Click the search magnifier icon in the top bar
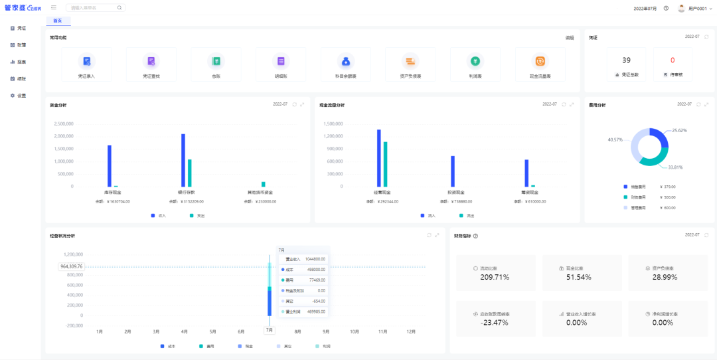pos(119,8)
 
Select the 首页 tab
pos(58,21)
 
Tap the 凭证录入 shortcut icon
pos(86,61)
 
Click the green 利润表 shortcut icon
pos(475,61)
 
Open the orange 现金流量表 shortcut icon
pos(540,61)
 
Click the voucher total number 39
pos(626,60)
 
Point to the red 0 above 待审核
pos(673,60)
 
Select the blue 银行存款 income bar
pos(183,160)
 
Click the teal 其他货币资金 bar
pos(263,184)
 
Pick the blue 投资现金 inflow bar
pos(452,171)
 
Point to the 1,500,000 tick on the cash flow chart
pos(333,124)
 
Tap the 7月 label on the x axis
pos(270,330)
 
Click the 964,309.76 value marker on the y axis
pos(72,266)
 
